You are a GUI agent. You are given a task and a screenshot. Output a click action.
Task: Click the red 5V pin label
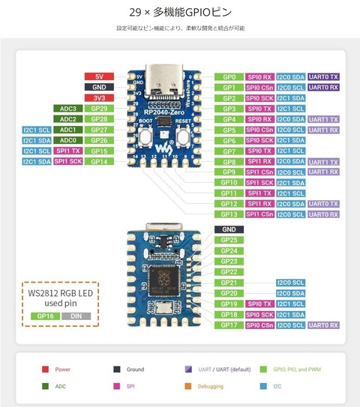point(100,76)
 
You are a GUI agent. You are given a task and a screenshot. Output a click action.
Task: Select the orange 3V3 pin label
point(100,97)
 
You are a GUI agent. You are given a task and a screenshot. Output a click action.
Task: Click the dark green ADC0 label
point(68,139)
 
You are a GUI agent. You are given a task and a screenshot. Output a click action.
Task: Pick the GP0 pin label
point(229,76)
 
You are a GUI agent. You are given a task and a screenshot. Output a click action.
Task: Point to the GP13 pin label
point(229,214)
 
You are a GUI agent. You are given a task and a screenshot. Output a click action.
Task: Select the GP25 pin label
point(229,240)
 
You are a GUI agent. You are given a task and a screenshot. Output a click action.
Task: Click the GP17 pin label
point(229,325)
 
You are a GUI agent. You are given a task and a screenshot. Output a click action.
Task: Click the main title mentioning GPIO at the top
point(180,13)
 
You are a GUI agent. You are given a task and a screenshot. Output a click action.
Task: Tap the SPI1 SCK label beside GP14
point(68,161)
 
